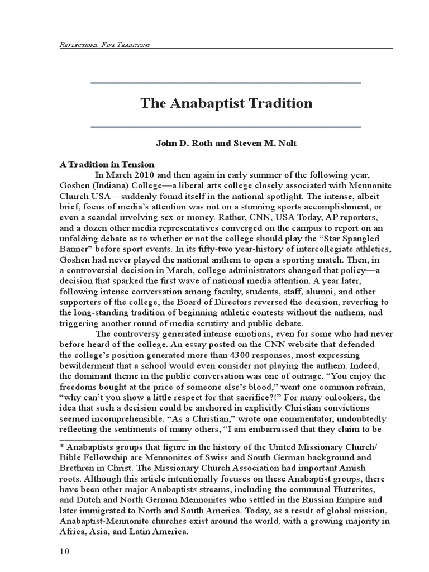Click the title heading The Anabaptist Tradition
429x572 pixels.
click(226, 103)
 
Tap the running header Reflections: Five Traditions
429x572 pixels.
click(104, 45)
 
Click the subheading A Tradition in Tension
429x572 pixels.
click(107, 164)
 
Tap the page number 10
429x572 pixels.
click(64, 552)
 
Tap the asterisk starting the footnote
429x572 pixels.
click(62, 447)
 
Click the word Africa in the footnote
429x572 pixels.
click(72, 531)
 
